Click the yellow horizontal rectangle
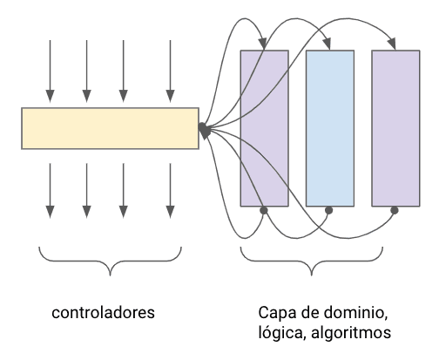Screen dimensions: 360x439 tap(110, 127)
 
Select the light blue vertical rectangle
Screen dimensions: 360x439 tap(329, 127)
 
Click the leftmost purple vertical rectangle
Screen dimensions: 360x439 tap(264, 127)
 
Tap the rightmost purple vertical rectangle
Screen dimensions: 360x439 tap(395, 127)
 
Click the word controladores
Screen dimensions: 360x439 tap(110, 311)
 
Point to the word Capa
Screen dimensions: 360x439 tap(277, 311)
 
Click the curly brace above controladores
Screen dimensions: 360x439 tap(110, 262)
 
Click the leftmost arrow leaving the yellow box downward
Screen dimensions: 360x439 tap(50, 187)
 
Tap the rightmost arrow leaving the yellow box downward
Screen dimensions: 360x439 tap(171, 187)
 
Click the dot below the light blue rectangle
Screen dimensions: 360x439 tap(328, 210)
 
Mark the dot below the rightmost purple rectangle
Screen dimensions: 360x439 tap(395, 210)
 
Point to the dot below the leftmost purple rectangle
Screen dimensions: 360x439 tap(263, 210)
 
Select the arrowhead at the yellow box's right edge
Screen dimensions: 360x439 tap(203, 129)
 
